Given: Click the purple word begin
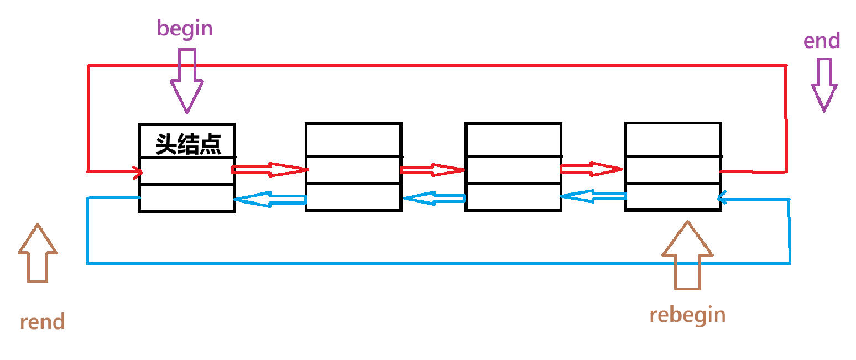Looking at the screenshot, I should point(185,29).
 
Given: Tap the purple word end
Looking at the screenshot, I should point(822,41).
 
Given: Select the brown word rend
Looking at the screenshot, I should point(42,321).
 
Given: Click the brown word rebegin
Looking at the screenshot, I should point(687,315).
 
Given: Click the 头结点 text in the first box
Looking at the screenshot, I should point(188,144).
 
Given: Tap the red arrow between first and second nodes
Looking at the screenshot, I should point(270,169).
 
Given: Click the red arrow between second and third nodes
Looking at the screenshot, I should point(432,170).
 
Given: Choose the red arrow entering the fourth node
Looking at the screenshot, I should point(592,169).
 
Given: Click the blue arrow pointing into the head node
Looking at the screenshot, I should point(270,199).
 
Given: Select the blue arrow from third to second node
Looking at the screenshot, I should point(434,198).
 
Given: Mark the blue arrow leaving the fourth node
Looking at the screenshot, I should point(593,196).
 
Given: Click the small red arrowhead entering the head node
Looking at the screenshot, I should point(137,173).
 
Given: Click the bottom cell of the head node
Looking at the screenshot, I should point(186,197).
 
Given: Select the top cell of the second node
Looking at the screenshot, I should point(353,140).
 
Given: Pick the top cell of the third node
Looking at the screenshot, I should point(513,140).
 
